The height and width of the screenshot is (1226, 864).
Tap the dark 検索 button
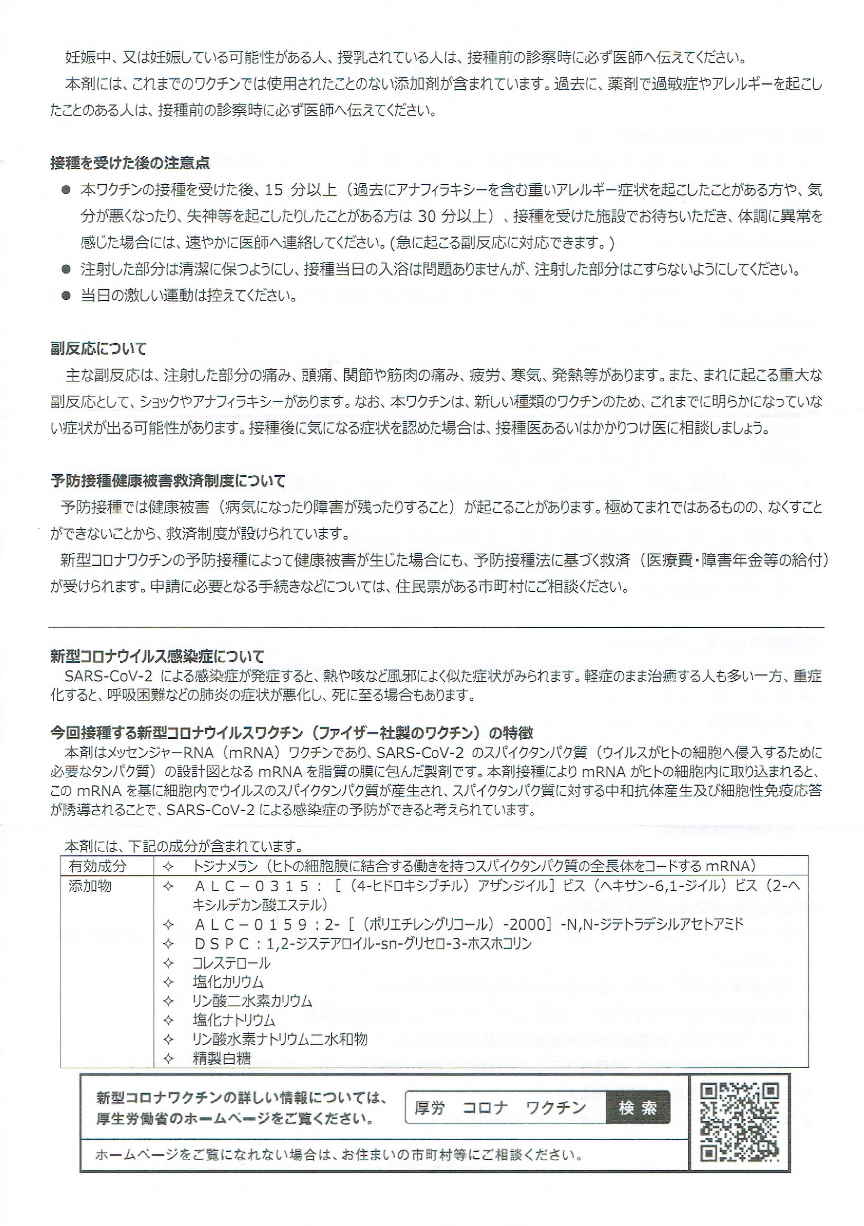pos(638,1108)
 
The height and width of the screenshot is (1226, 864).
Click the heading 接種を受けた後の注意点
pos(130,163)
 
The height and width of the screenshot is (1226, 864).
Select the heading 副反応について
pos(98,349)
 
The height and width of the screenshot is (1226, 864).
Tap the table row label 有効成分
pos(97,866)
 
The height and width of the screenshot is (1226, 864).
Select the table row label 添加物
pos(90,886)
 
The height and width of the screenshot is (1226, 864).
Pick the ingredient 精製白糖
pos(221,1058)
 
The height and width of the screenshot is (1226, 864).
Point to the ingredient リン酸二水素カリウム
pos(252,1001)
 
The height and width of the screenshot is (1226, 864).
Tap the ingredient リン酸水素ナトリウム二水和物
pos(280,1039)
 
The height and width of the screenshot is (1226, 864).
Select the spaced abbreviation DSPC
pos(222,944)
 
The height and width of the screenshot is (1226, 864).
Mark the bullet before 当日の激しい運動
pos(66,296)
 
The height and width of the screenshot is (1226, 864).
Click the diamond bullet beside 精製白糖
pos(168,1058)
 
